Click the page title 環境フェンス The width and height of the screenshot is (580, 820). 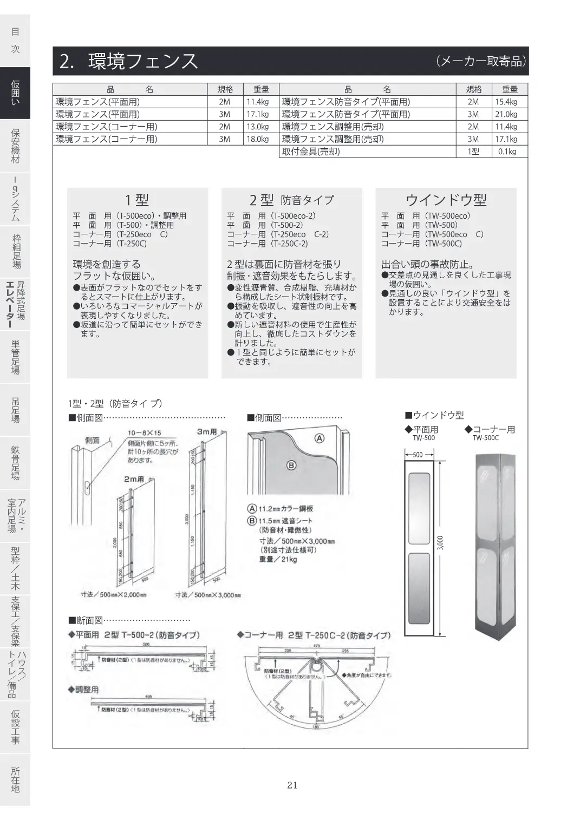tap(143, 61)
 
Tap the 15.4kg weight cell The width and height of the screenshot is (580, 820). tap(506, 102)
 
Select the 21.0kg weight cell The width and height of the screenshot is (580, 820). tap(506, 114)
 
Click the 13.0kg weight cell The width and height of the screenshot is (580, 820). tap(257, 127)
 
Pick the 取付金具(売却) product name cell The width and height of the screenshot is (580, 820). tap(311, 152)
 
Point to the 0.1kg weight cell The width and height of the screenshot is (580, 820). tap(507, 152)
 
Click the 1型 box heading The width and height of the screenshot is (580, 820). tap(136, 200)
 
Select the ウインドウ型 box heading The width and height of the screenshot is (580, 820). tap(446, 200)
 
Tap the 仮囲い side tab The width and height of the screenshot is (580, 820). tap(15, 93)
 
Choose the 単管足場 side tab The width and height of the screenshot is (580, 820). tap(15, 357)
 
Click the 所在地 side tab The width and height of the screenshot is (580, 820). tap(15, 779)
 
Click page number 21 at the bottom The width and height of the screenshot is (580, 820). tap(292, 785)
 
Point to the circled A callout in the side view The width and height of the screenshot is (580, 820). tap(320, 438)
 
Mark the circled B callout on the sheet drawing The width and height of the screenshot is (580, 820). tap(291, 465)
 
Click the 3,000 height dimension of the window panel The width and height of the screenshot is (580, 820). tap(440, 543)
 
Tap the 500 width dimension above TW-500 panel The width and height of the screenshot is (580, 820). tap(418, 455)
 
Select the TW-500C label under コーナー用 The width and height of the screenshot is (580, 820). tap(485, 438)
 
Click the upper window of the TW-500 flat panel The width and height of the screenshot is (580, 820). tap(420, 507)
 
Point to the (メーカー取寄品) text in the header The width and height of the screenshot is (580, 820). tap(480, 61)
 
